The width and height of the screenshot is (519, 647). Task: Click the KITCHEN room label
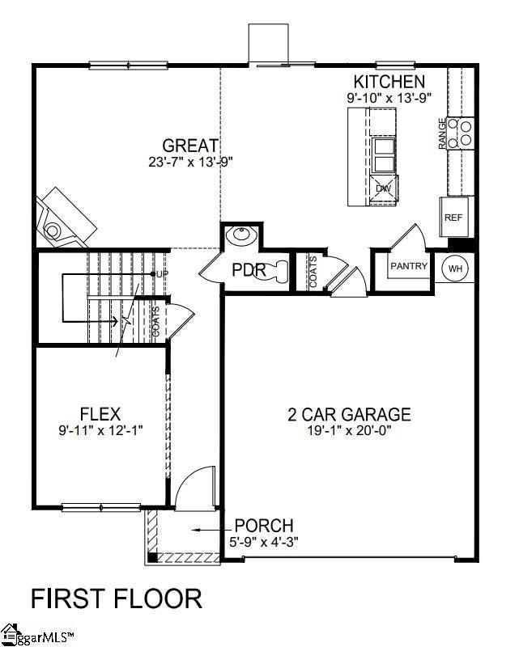tap(389, 82)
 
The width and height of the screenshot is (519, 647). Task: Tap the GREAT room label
tap(191, 146)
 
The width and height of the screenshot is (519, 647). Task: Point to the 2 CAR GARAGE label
tap(349, 415)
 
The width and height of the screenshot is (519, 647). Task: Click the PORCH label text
tap(264, 526)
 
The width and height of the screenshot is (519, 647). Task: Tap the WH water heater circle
tap(455, 267)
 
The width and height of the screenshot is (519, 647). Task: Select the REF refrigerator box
tap(453, 218)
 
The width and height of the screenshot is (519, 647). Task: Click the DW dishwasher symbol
tap(383, 188)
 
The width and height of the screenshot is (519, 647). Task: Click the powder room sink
tap(240, 237)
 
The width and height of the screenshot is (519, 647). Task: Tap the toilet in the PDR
tap(278, 269)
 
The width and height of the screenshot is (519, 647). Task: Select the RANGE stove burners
tap(465, 133)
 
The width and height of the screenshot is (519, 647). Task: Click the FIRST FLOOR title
tap(116, 598)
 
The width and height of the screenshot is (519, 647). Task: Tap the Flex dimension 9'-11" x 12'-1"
tap(100, 430)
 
